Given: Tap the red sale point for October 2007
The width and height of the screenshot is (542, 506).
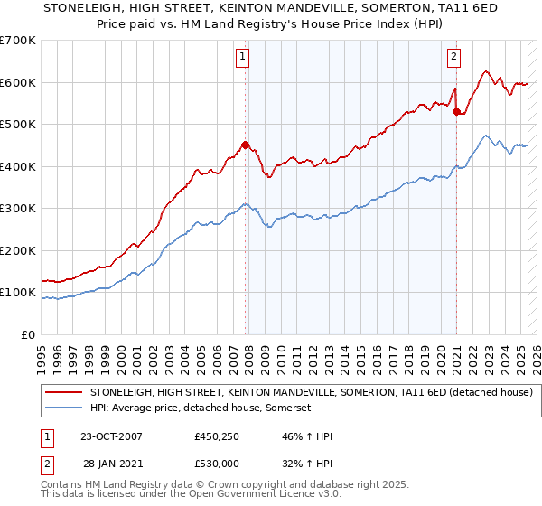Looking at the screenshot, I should pyautogui.click(x=245, y=145).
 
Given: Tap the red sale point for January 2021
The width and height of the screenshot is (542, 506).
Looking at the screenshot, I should pyautogui.click(x=457, y=112).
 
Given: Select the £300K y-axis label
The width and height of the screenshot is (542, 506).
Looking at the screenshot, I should pyautogui.click(x=19, y=208).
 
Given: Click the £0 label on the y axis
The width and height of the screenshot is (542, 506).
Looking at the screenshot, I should pyautogui.click(x=27, y=334).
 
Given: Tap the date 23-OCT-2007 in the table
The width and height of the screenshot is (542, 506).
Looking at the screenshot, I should pyautogui.click(x=112, y=436).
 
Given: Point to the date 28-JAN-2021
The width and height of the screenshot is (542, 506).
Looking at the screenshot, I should pyautogui.click(x=112, y=462).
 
